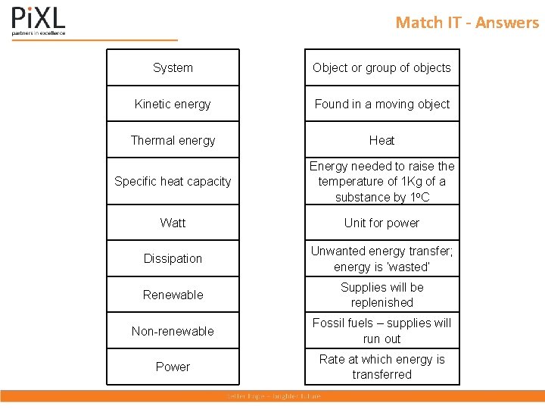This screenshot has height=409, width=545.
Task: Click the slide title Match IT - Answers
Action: click(x=467, y=23)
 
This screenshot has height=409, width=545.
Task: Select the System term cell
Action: click(x=173, y=67)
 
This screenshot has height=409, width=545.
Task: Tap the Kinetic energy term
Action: click(x=173, y=104)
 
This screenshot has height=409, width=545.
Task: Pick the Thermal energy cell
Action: click(x=173, y=140)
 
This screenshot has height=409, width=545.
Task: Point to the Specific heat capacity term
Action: click(x=173, y=181)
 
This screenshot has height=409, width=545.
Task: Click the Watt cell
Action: click(x=173, y=223)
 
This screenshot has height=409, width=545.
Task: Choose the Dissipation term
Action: click(x=173, y=258)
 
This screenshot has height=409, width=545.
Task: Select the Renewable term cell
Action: click(x=173, y=295)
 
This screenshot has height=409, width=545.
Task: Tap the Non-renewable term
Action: click(x=173, y=331)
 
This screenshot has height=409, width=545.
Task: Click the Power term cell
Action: click(x=173, y=367)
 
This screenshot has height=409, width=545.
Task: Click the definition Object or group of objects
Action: click(x=381, y=67)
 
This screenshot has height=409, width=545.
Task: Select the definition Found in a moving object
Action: click(x=381, y=104)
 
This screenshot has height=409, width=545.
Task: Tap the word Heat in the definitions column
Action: click(x=381, y=140)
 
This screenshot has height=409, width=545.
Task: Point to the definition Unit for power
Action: click(x=381, y=223)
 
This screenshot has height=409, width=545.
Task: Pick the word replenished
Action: click(x=381, y=302)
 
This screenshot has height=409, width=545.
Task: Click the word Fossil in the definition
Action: click(x=329, y=323)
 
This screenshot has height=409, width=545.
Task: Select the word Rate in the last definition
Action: click(x=332, y=359)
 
